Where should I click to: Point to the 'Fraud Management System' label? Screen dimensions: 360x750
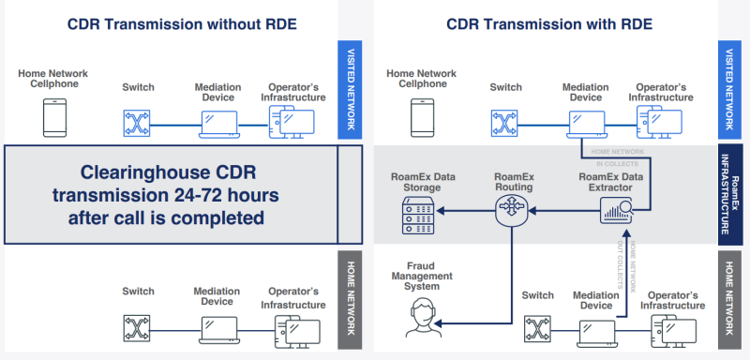pyautogui.click(x=421, y=277)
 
